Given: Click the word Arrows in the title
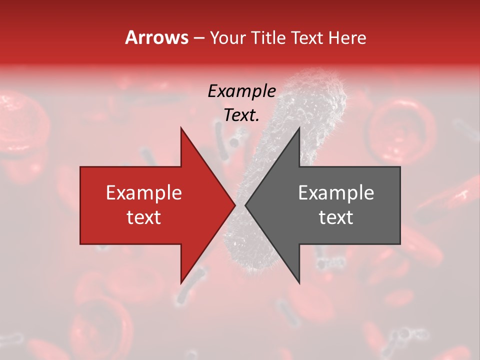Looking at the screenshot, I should pyautogui.click(x=156, y=37).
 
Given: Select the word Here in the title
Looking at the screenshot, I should pyautogui.click(x=347, y=37).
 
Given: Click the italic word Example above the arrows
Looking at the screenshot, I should pyautogui.click(x=241, y=91).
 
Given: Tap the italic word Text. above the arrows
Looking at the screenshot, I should pyautogui.click(x=241, y=115).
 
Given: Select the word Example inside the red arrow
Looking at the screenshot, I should pyautogui.click(x=144, y=193).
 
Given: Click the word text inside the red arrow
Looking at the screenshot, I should pyautogui.click(x=144, y=217).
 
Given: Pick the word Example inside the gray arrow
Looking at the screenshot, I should pyautogui.click(x=336, y=193).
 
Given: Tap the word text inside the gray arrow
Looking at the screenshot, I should pyautogui.click(x=336, y=217).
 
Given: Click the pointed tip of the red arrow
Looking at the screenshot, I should pyautogui.click(x=234, y=205).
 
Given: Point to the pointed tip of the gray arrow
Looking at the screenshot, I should pyautogui.click(x=246, y=205).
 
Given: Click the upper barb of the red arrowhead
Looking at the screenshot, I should pyautogui.click(x=181, y=129).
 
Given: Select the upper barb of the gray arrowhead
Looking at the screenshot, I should pyautogui.click(x=299, y=129).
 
